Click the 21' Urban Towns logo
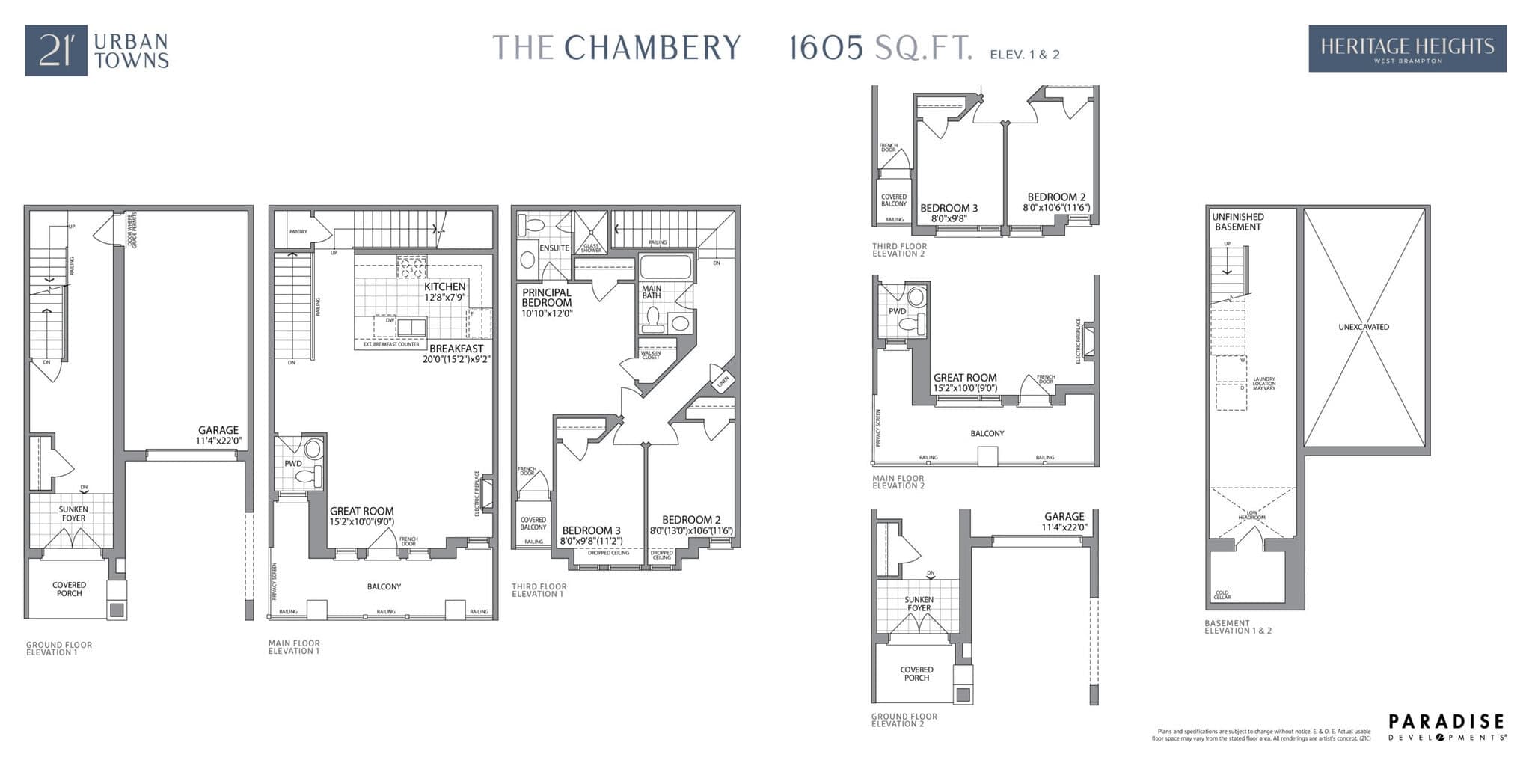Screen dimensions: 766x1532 (x=97, y=50)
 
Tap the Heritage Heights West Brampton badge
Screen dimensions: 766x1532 (x=1407, y=49)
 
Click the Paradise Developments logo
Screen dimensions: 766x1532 (x=1447, y=726)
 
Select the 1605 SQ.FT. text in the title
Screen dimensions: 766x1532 (x=881, y=48)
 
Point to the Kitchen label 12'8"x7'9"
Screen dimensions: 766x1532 (x=444, y=292)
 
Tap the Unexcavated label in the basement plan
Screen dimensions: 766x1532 (x=1364, y=327)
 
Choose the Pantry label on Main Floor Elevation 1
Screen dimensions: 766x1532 (x=298, y=232)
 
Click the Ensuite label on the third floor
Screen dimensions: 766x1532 (x=554, y=248)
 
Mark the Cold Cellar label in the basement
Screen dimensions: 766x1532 (x=1222, y=595)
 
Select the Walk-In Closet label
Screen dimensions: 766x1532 (x=651, y=355)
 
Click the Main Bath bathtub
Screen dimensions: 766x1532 (x=666, y=267)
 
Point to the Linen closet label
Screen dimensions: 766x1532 (x=723, y=381)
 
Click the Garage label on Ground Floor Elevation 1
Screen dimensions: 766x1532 (x=218, y=435)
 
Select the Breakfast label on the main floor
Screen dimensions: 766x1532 (x=456, y=349)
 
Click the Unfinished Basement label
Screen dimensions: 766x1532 (x=1238, y=221)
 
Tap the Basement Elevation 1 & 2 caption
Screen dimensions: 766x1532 (x=1237, y=627)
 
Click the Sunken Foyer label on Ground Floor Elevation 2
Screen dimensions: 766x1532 (x=919, y=604)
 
